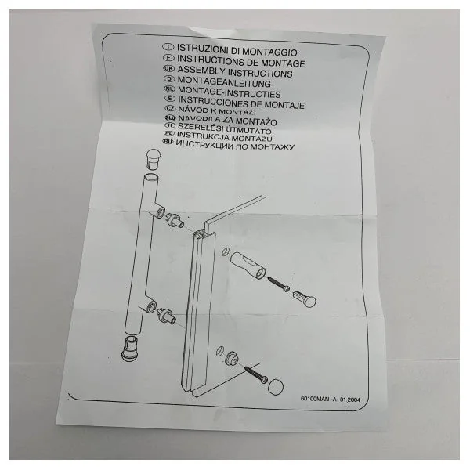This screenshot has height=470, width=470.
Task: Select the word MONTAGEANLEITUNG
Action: coord(224,83)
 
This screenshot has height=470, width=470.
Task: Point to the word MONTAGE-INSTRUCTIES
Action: coord(230,93)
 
